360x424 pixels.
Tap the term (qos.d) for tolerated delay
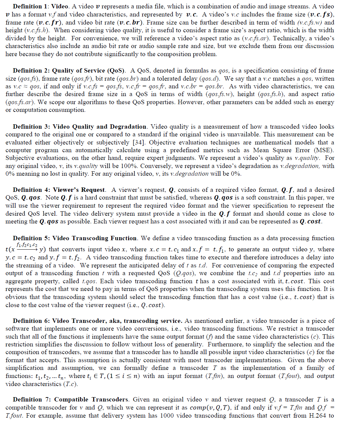[x=210, y=79]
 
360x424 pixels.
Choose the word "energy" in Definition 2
[x=324, y=102]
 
